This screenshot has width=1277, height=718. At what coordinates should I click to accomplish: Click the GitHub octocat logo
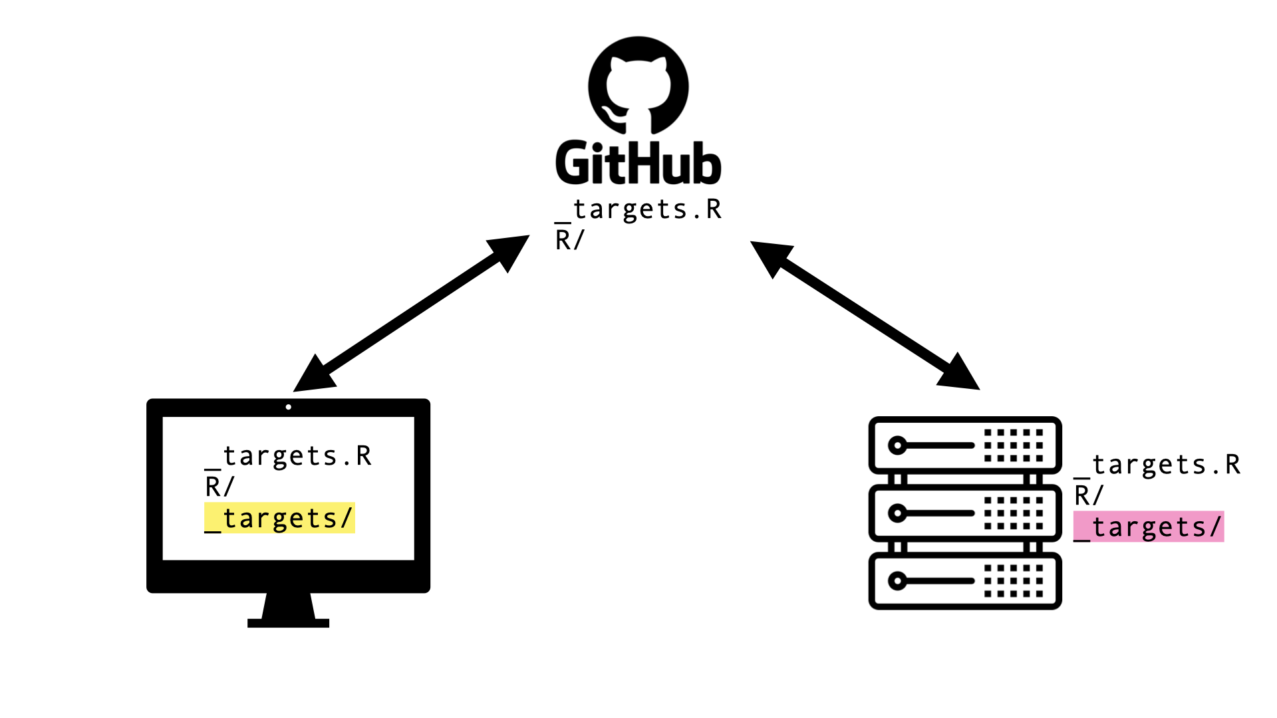tap(638, 85)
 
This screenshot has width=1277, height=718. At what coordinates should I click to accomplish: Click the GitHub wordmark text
tap(638, 163)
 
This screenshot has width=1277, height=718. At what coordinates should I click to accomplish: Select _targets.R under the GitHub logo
tap(638, 210)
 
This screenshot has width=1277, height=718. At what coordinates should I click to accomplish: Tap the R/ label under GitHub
tap(569, 240)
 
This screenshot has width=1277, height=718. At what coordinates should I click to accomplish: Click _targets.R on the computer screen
tap(289, 457)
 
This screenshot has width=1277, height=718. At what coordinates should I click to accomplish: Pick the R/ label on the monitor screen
tap(219, 487)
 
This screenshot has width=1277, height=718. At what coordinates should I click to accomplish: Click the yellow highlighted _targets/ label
tap(279, 518)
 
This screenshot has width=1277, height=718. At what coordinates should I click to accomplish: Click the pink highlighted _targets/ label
tap(1149, 527)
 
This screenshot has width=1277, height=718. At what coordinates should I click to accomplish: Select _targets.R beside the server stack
tap(1157, 465)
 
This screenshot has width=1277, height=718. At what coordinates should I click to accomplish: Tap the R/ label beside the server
tap(1088, 496)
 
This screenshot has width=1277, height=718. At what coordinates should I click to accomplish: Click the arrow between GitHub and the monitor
tap(411, 313)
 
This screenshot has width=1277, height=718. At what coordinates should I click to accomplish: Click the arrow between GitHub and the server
tap(865, 314)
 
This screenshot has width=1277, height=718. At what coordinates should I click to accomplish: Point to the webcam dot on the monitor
tap(289, 407)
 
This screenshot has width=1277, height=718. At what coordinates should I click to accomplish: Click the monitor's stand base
tap(289, 623)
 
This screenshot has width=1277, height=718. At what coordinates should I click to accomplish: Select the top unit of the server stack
tap(964, 445)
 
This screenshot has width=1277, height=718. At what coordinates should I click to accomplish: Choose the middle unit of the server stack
tap(964, 513)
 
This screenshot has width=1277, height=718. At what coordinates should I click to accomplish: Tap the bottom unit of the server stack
tap(964, 581)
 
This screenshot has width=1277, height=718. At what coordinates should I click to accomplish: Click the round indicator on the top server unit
tap(897, 445)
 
